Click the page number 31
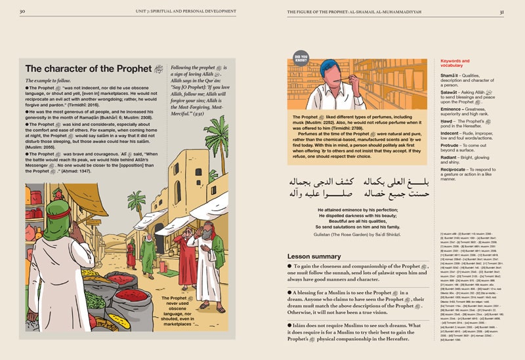pos(501,11)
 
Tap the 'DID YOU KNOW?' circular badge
pos(301,58)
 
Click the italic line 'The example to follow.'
pos(52,81)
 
